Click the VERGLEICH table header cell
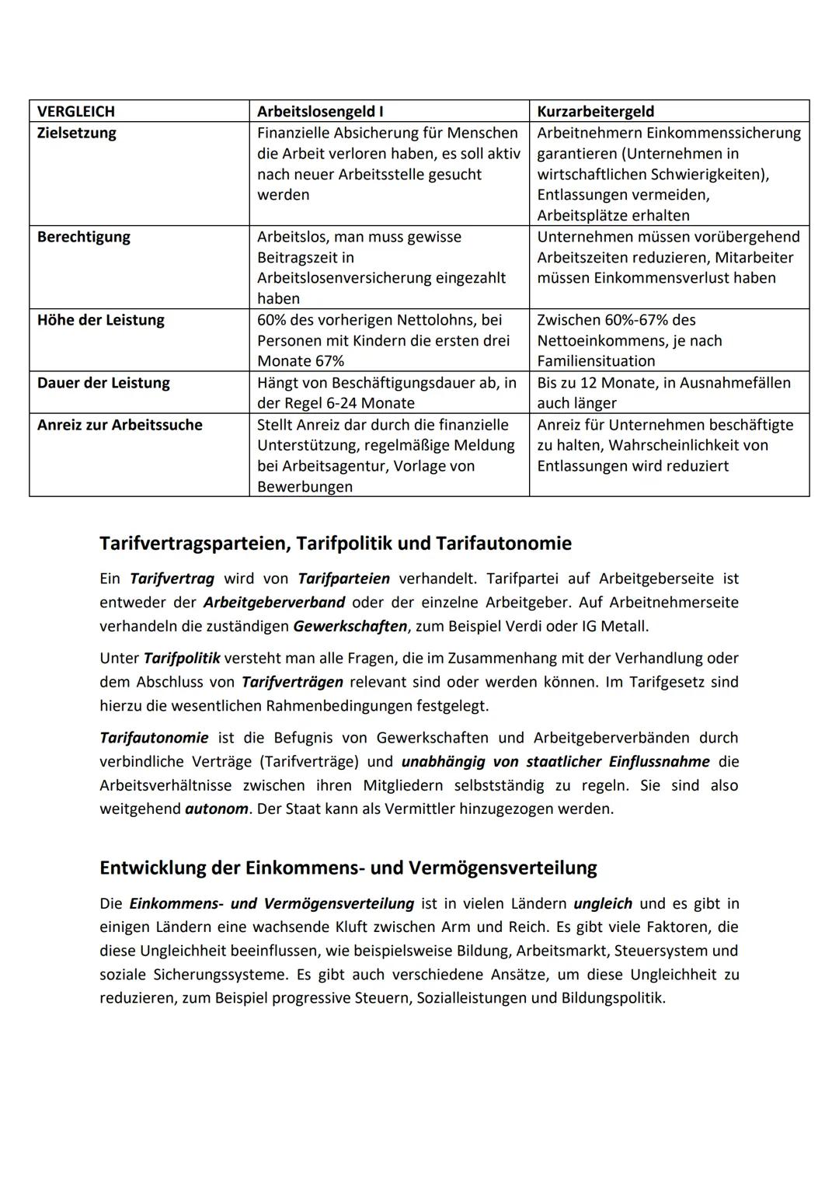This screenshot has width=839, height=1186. (x=76, y=111)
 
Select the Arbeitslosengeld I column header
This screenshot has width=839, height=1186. (x=320, y=111)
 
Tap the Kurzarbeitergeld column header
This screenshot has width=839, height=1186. (x=596, y=111)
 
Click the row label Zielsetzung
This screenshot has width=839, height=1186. (x=77, y=133)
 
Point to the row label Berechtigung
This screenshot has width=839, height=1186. (x=84, y=237)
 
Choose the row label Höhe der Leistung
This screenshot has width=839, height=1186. (x=101, y=320)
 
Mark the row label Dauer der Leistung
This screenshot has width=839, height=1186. (x=103, y=383)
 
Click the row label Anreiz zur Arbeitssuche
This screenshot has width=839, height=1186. (x=120, y=425)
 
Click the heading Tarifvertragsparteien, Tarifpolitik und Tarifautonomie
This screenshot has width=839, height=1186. (x=336, y=543)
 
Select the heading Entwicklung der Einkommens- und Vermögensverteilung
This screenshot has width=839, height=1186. (x=348, y=868)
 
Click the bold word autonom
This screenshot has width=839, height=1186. (x=217, y=809)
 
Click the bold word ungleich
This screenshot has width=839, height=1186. (x=603, y=903)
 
